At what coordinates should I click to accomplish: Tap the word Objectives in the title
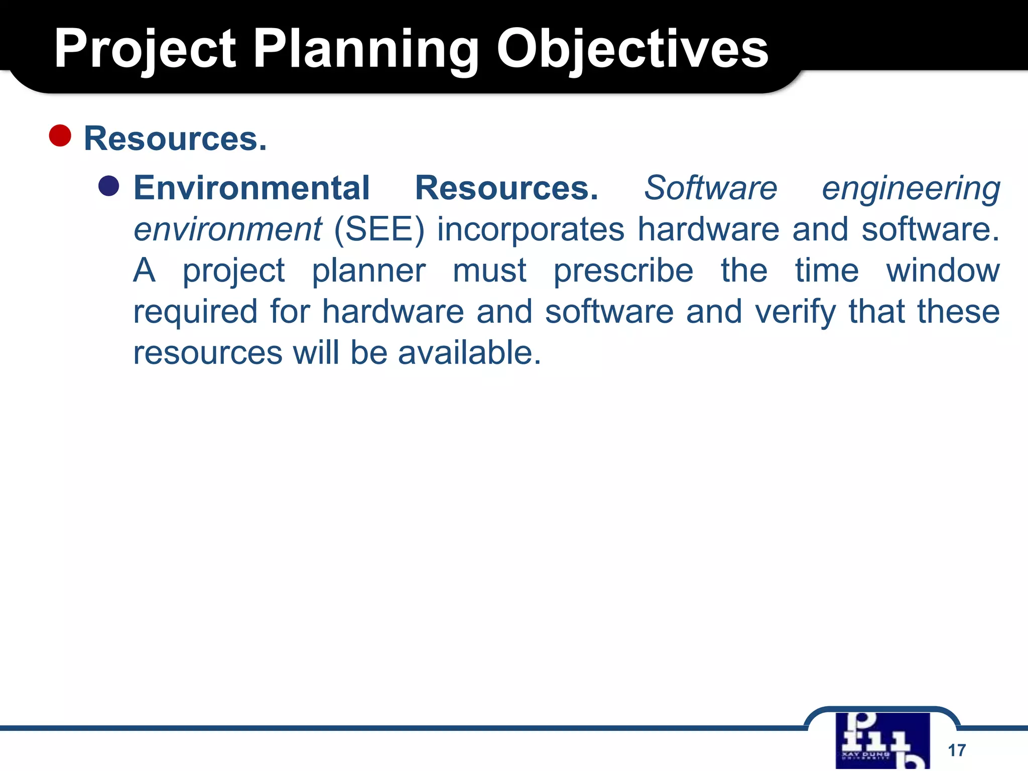632,49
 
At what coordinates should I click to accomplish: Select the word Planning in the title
366,49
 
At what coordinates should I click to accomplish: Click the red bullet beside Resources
60,136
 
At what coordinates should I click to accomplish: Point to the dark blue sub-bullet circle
109,186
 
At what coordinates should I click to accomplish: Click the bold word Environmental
251,188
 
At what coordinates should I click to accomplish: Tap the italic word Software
710,188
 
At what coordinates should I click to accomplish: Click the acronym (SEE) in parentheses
379,230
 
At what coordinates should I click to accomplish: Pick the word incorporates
531,230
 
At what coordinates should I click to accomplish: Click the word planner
368,272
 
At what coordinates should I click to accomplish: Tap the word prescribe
623,272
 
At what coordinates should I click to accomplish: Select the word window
943,271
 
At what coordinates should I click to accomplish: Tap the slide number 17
957,750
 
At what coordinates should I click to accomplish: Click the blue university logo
882,740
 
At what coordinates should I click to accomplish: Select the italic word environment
227,230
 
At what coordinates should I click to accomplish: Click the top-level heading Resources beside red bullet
175,139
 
